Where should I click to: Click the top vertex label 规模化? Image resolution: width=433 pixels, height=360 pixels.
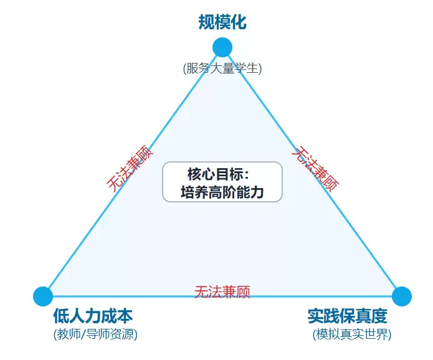(222, 23)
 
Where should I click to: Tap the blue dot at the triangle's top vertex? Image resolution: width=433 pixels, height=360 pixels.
(222, 47)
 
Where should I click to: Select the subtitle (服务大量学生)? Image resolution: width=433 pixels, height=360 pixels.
(222, 69)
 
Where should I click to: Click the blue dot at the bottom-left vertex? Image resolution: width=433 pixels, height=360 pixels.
(42, 296)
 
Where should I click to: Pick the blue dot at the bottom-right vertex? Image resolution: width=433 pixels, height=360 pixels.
(402, 296)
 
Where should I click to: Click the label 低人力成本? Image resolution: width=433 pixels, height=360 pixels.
(93, 316)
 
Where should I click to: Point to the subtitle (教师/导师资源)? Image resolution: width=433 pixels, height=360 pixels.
(95, 334)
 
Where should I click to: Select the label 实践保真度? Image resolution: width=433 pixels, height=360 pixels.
(347, 316)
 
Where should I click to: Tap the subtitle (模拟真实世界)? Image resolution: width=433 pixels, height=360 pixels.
(352, 334)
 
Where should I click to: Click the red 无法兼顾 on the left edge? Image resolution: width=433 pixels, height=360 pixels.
(130, 168)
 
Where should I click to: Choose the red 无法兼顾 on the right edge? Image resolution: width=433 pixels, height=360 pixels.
(316, 168)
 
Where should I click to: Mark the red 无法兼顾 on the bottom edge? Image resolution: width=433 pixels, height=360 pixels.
(222, 291)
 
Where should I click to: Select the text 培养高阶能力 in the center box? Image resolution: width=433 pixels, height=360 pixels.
(222, 192)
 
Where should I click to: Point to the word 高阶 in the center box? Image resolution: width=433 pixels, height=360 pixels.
(222, 192)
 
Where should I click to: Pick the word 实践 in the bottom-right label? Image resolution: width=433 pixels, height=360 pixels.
(320, 316)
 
